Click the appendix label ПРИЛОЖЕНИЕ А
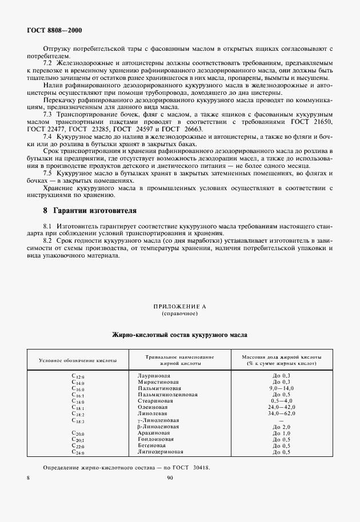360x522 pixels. pos(179,307)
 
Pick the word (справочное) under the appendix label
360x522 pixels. pos(179,314)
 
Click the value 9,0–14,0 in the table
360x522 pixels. pos(282,388)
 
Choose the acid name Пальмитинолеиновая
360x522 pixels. pos(167,395)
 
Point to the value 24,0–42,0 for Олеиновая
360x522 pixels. pos(282,407)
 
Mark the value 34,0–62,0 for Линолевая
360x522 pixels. pos(282,413)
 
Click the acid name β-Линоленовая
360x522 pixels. pos(158,427)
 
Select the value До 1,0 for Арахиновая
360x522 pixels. pos(282,433)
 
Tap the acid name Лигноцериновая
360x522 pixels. pos(162,452)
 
